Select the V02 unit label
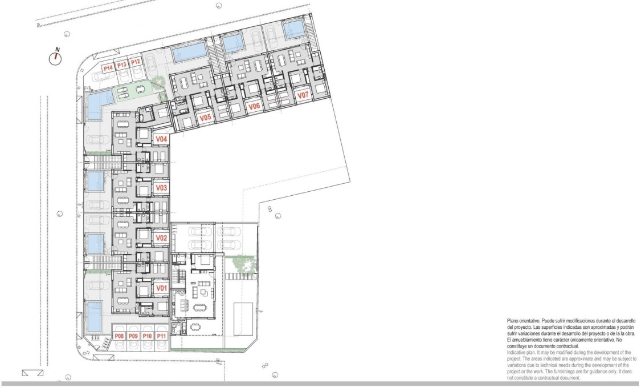tap(162, 237)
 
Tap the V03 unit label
tap(162, 188)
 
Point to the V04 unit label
tap(162, 139)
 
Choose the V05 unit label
tap(206, 118)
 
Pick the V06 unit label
tap(254, 106)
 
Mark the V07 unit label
tap(303, 95)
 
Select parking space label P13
tap(121, 66)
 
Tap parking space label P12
tap(135, 62)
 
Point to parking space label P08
tap(120, 336)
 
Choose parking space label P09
tap(133, 336)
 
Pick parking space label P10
tap(147, 336)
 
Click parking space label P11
tap(161, 336)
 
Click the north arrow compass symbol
tap(56, 58)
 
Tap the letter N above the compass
tap(56, 49)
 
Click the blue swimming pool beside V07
tap(294, 29)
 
